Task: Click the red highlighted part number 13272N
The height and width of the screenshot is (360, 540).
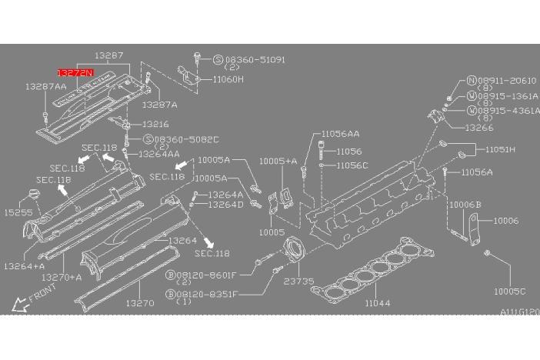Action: (x=75, y=72)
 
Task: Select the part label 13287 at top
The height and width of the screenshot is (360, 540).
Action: (x=109, y=56)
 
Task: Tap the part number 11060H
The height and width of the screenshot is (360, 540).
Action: (x=228, y=78)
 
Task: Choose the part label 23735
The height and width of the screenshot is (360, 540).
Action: (x=300, y=282)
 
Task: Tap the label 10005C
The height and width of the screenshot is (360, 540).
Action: (x=509, y=292)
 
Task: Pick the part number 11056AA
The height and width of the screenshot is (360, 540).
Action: (x=340, y=133)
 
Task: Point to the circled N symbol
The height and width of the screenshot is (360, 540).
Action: (x=472, y=80)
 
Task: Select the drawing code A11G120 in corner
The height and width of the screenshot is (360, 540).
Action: (x=519, y=312)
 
